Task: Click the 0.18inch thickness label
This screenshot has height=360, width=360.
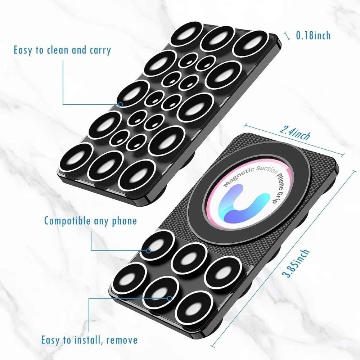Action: (x=313, y=35)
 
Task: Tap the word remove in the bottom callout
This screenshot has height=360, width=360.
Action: (x=122, y=340)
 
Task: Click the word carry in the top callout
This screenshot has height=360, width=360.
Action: (x=100, y=50)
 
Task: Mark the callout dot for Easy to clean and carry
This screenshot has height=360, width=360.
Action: (x=121, y=105)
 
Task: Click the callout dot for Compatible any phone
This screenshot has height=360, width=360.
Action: (x=149, y=251)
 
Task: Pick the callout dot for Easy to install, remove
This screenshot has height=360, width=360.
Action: (x=170, y=298)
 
